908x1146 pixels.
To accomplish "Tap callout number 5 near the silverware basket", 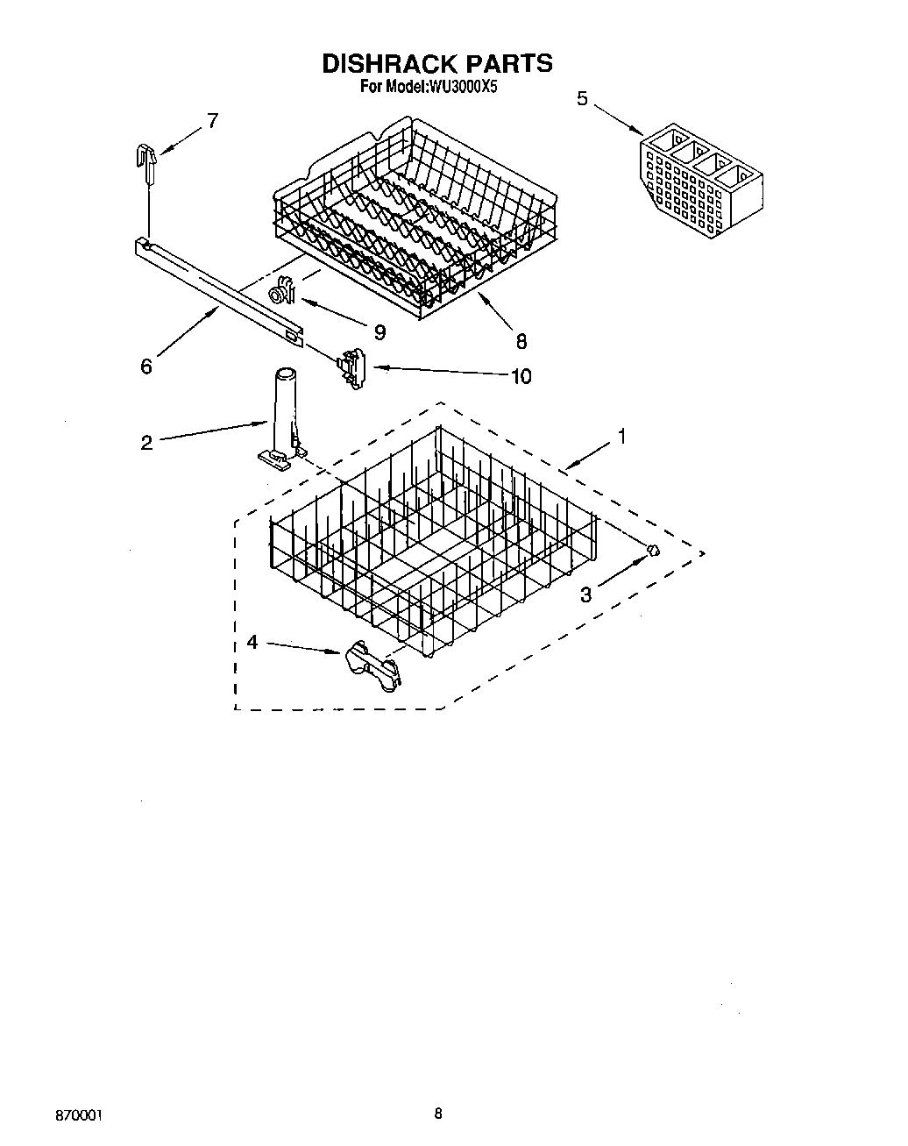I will click(x=582, y=98).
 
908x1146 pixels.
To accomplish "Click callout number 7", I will click(x=212, y=121).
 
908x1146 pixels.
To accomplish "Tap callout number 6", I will click(x=146, y=367).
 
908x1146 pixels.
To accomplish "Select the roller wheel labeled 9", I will click(x=280, y=291).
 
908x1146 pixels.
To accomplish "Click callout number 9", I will click(x=379, y=331).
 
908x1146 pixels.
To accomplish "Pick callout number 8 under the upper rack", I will click(x=521, y=341).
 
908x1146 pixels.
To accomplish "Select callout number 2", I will click(x=146, y=443).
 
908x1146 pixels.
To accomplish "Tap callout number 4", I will click(x=252, y=643).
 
